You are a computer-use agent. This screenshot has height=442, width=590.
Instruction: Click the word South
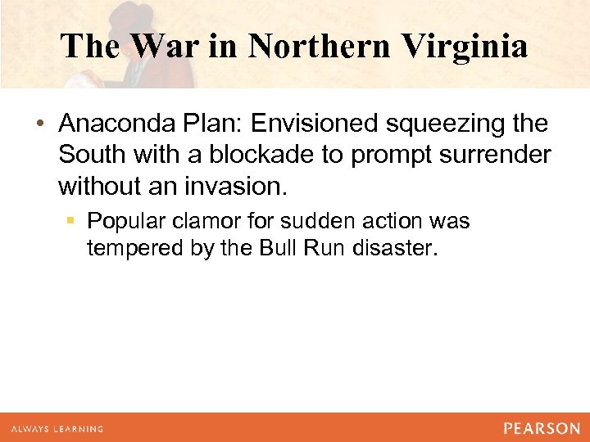pyautogui.click(x=89, y=156)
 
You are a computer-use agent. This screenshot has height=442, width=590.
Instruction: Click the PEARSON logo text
pyautogui.click(x=542, y=428)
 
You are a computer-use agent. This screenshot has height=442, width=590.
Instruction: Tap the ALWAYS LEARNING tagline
pyautogui.click(x=57, y=429)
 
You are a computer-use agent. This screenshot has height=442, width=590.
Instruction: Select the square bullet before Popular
pyautogui.click(x=72, y=222)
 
